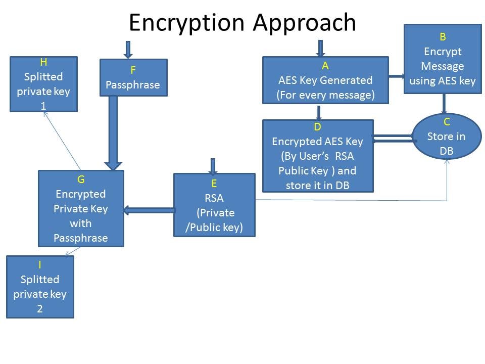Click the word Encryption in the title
(x=188, y=23)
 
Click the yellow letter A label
(x=325, y=65)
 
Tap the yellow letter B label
(x=443, y=36)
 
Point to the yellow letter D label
(x=317, y=127)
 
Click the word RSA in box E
(x=214, y=198)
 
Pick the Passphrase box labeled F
(x=133, y=77)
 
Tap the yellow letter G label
(x=81, y=179)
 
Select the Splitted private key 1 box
(x=43, y=84)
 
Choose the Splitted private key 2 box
(x=40, y=287)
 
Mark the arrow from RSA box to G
(x=149, y=210)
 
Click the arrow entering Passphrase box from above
(x=128, y=50)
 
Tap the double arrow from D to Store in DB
(x=393, y=138)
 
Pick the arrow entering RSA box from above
(x=213, y=166)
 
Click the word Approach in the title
(x=305, y=23)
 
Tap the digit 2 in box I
(x=40, y=308)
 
